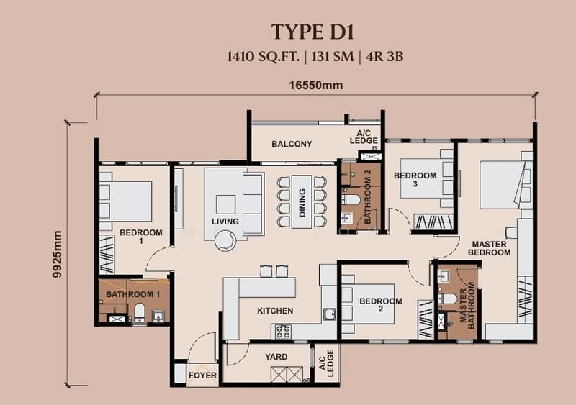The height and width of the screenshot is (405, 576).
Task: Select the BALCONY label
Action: coord(292,144)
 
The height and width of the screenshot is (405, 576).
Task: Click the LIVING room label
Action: coord(225,222)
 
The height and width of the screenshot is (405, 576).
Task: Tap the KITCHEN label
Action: coord(275,311)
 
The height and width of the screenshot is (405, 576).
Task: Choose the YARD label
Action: coord(276,357)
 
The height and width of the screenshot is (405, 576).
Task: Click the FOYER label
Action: coord(202,376)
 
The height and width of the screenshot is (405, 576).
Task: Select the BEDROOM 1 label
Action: coord(141,237)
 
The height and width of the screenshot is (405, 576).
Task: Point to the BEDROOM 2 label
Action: coord(381,305)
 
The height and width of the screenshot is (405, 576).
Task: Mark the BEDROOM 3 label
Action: coord(415,179)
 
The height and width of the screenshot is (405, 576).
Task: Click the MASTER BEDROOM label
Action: coord(489,248)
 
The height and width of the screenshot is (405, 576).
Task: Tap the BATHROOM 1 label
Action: coord(132,295)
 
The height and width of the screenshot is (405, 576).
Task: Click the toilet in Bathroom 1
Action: coord(140,311)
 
